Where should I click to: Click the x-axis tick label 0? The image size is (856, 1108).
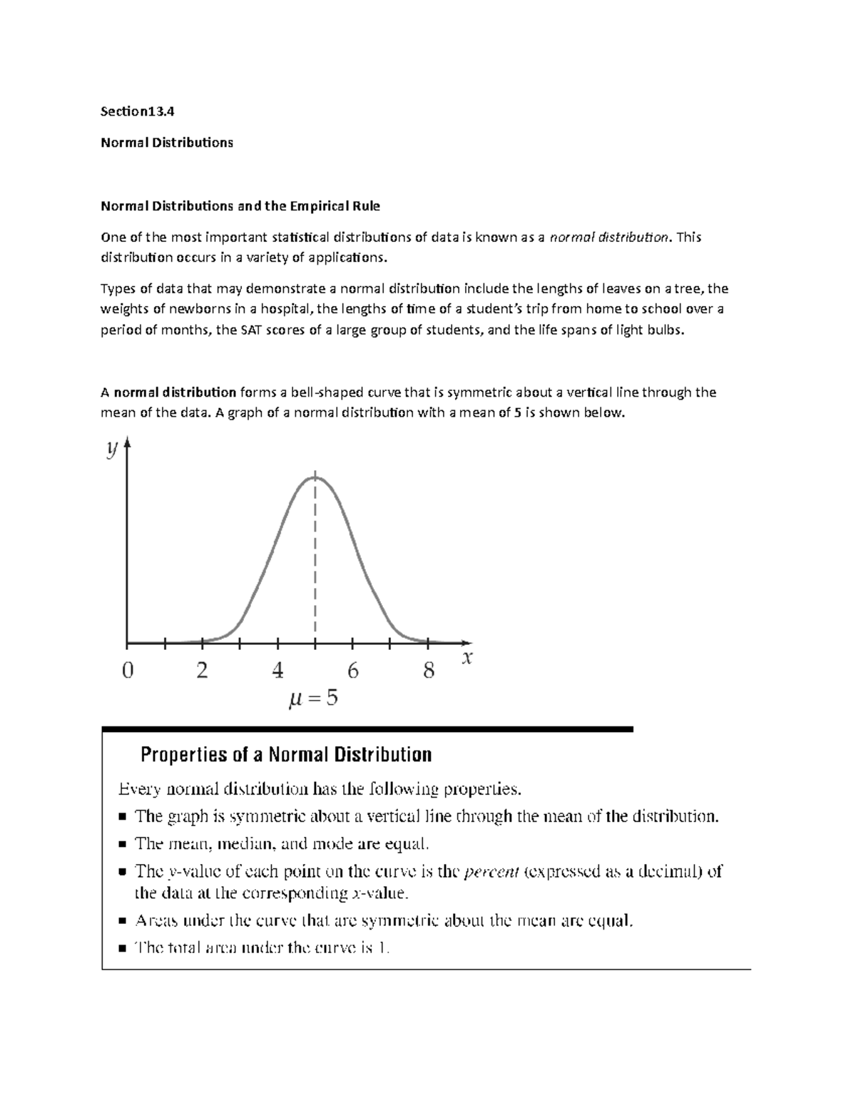128,671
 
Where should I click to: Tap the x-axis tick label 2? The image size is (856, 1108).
203,671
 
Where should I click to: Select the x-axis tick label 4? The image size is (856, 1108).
277,671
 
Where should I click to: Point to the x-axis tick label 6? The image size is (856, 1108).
352,671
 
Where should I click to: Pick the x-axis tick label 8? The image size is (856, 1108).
428,671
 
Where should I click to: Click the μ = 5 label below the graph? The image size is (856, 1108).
313,699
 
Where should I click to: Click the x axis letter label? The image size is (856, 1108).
467,659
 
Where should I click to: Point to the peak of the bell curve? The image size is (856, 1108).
315,477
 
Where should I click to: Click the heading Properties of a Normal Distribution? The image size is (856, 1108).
286,755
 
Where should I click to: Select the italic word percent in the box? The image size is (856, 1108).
491,872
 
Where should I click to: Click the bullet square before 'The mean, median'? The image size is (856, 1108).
122,845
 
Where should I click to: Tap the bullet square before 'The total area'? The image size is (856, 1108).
122,949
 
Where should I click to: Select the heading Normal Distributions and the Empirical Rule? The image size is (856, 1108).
240,206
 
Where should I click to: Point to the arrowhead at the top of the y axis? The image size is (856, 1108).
128,444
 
